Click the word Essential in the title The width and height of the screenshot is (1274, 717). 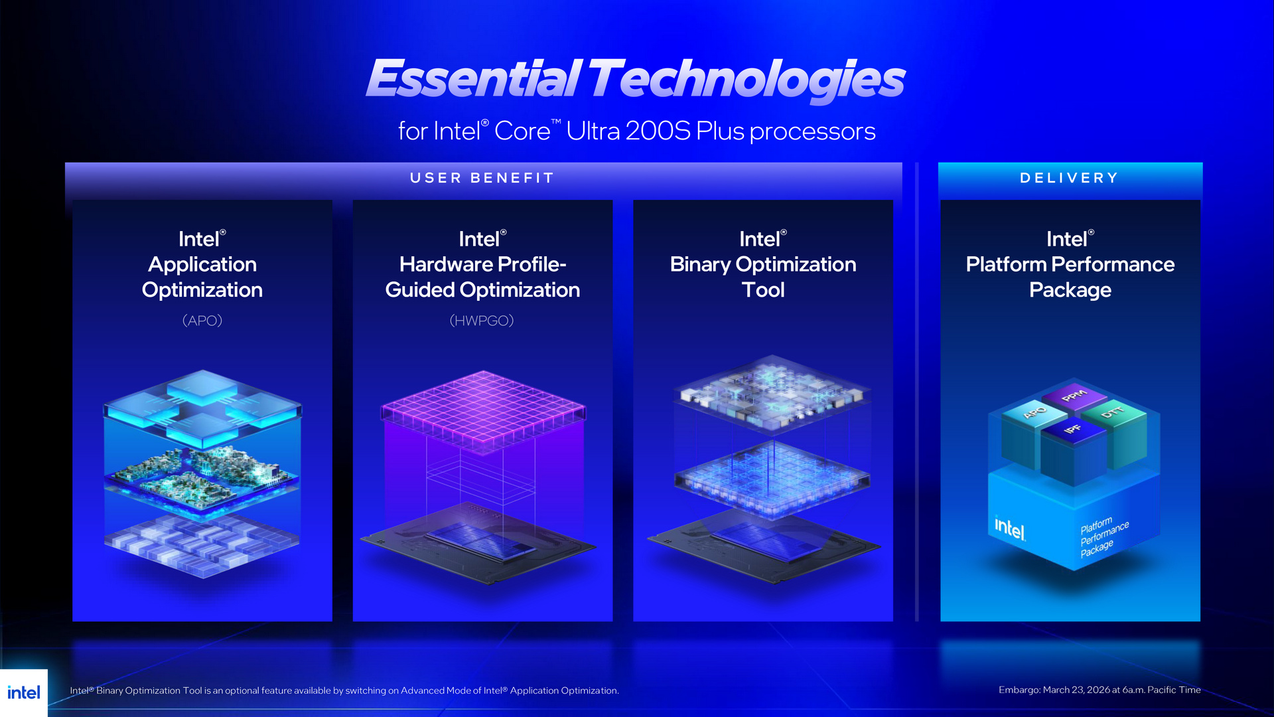click(x=474, y=78)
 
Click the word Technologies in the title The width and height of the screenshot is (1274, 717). click(x=746, y=78)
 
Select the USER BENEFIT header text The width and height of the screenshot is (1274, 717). click(x=482, y=178)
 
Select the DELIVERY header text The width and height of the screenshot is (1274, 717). click(x=1069, y=178)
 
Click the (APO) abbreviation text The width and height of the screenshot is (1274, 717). click(x=202, y=321)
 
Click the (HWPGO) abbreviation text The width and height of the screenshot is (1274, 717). click(x=482, y=321)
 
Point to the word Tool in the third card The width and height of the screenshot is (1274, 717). click(x=763, y=290)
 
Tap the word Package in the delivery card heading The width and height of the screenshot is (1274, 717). click(x=1070, y=290)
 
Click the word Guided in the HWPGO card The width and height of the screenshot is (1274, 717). click(x=419, y=290)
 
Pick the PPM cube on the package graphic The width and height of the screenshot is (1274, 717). click(x=1074, y=396)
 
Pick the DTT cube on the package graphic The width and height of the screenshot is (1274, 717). click(x=1113, y=412)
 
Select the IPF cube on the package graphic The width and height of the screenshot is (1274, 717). click(x=1072, y=430)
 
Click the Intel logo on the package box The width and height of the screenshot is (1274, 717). click(x=1010, y=528)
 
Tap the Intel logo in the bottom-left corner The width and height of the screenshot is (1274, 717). click(x=24, y=692)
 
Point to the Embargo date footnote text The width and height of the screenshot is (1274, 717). click(x=1099, y=690)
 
